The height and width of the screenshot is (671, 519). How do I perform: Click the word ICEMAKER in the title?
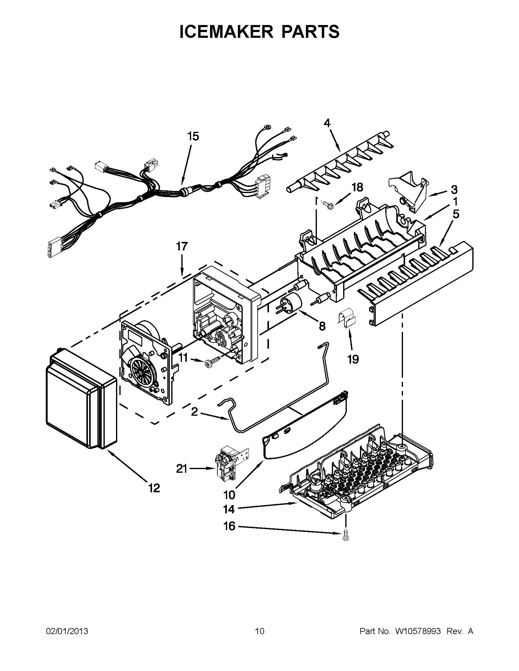click(x=226, y=32)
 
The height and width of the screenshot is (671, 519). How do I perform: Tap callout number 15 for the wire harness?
click(x=193, y=136)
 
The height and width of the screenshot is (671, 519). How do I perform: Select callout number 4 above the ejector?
click(x=327, y=123)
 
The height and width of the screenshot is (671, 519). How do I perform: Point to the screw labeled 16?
click(x=345, y=536)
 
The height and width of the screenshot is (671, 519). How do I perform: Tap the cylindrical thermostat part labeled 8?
click(x=291, y=303)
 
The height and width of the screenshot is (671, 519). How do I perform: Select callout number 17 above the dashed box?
click(x=182, y=246)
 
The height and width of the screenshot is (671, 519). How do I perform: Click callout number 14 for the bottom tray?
click(x=229, y=509)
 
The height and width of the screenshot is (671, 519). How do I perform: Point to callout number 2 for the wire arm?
click(x=194, y=412)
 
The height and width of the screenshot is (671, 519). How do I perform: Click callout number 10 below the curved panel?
click(x=229, y=495)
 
